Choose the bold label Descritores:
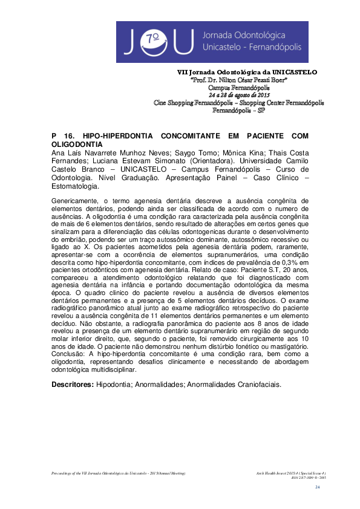point(71,384)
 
